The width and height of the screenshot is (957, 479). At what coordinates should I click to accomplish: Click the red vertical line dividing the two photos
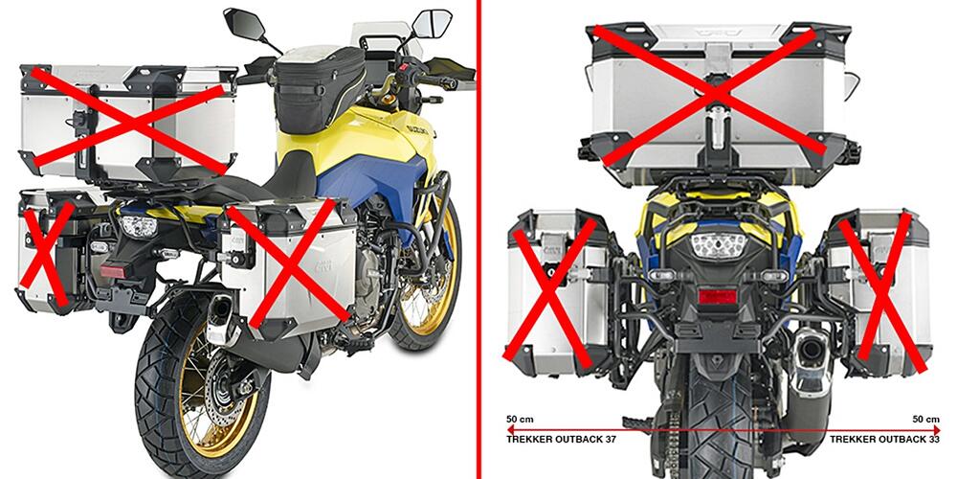pyautogui.click(x=479, y=239)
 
